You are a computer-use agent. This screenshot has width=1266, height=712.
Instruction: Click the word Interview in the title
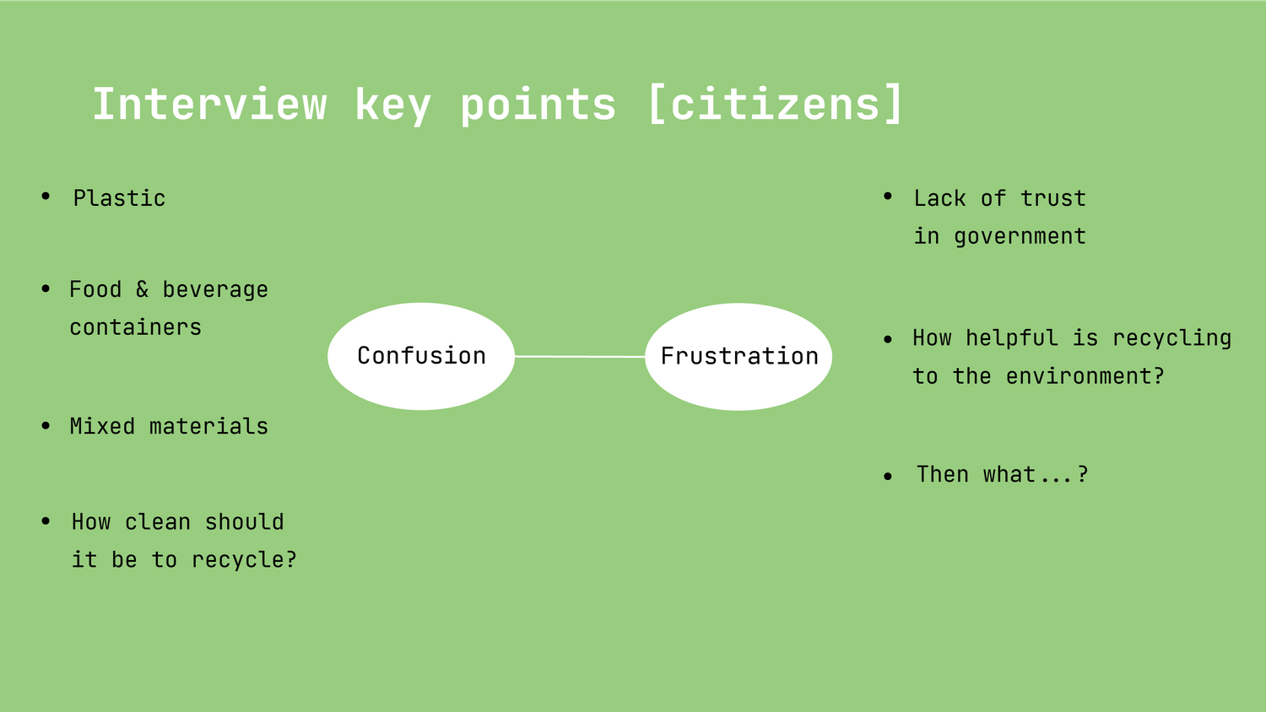click(x=209, y=104)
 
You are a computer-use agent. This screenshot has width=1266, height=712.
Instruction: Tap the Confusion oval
click(x=421, y=356)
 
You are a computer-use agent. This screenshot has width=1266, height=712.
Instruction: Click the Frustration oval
click(x=738, y=357)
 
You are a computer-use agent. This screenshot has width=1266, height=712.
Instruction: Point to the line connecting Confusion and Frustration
click(x=580, y=357)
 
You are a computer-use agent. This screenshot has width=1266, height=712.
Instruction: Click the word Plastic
click(x=119, y=198)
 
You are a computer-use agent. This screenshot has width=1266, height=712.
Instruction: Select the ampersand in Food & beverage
click(x=142, y=289)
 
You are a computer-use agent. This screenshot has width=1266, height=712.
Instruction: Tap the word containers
click(x=135, y=327)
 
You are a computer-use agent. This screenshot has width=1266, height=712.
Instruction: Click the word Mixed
click(x=102, y=426)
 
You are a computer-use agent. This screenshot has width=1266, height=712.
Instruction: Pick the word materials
click(x=208, y=426)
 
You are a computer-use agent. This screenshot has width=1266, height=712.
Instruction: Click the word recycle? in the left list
click(x=244, y=560)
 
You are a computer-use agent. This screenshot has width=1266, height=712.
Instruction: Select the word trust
click(x=1053, y=198)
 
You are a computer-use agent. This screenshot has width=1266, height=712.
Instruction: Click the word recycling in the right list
click(x=1171, y=338)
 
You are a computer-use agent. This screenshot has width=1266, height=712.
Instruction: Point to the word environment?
click(x=1085, y=376)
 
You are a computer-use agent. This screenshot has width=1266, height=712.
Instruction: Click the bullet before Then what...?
click(x=888, y=477)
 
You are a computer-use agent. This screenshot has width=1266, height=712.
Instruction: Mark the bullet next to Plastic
click(x=46, y=196)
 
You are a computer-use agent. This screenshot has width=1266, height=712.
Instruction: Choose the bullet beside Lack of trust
click(x=888, y=196)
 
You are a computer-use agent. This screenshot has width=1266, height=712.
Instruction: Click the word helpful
click(x=1012, y=338)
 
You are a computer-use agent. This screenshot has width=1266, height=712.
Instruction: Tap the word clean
click(x=158, y=521)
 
